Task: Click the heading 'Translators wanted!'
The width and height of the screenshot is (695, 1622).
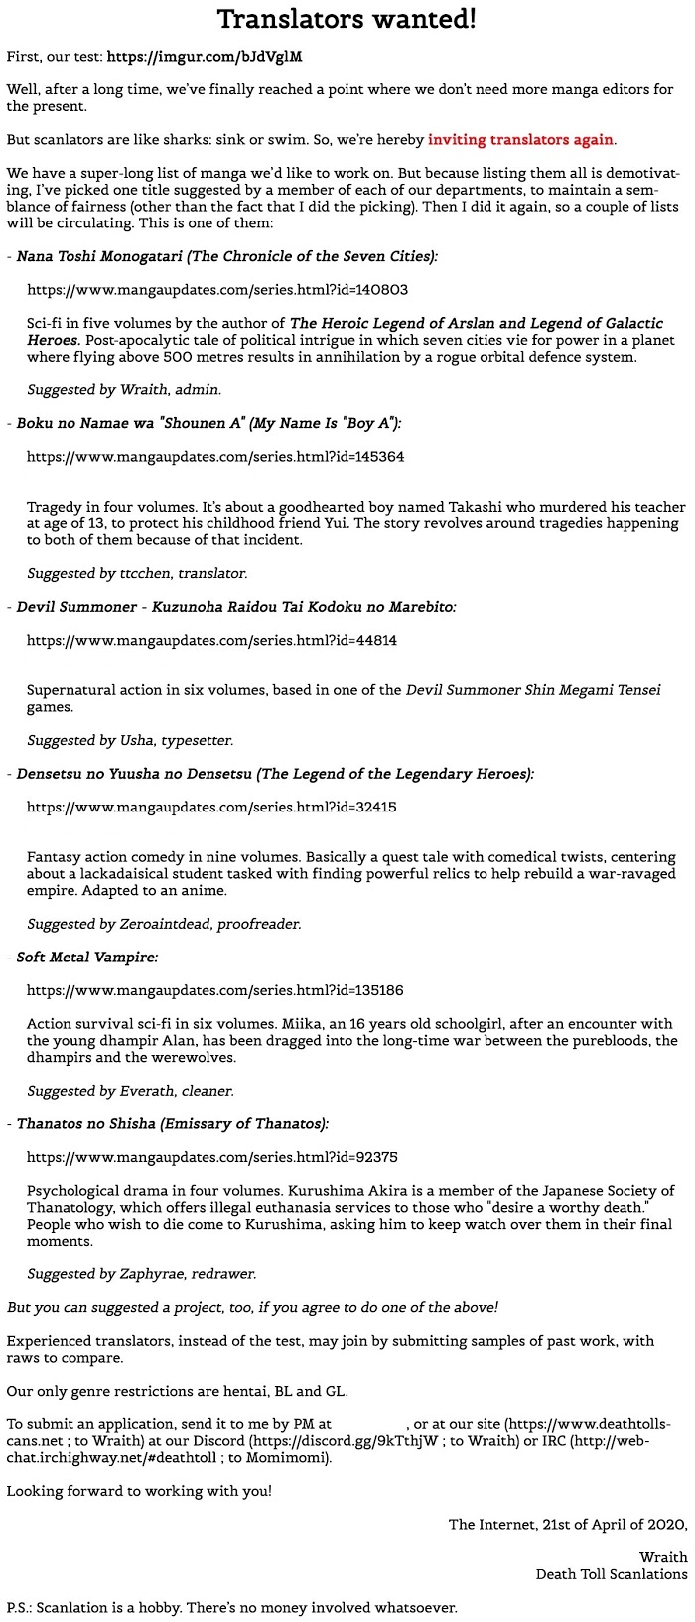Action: [x=347, y=19]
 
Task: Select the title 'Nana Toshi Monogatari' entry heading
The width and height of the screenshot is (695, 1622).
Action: [x=226, y=256]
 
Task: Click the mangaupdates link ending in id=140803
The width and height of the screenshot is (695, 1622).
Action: [x=216, y=290]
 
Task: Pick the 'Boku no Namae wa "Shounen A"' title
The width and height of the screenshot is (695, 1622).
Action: [x=208, y=423]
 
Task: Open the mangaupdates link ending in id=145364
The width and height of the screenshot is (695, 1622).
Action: [x=215, y=457]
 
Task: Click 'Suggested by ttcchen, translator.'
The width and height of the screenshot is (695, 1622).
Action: [x=137, y=573]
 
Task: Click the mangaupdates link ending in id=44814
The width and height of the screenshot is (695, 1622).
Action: [x=211, y=640]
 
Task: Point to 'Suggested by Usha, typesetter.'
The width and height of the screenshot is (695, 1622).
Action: [x=130, y=740]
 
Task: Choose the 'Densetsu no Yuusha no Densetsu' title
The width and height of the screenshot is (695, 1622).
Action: [x=275, y=774]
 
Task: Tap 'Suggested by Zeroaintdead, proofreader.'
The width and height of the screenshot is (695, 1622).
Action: [x=164, y=924]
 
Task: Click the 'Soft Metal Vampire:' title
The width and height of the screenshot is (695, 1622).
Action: [x=86, y=958]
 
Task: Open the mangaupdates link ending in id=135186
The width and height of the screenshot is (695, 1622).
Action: [x=215, y=990]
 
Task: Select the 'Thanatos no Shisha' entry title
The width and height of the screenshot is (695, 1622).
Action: [x=172, y=1124]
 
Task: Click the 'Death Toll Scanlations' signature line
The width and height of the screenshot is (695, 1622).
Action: [x=612, y=1574]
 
